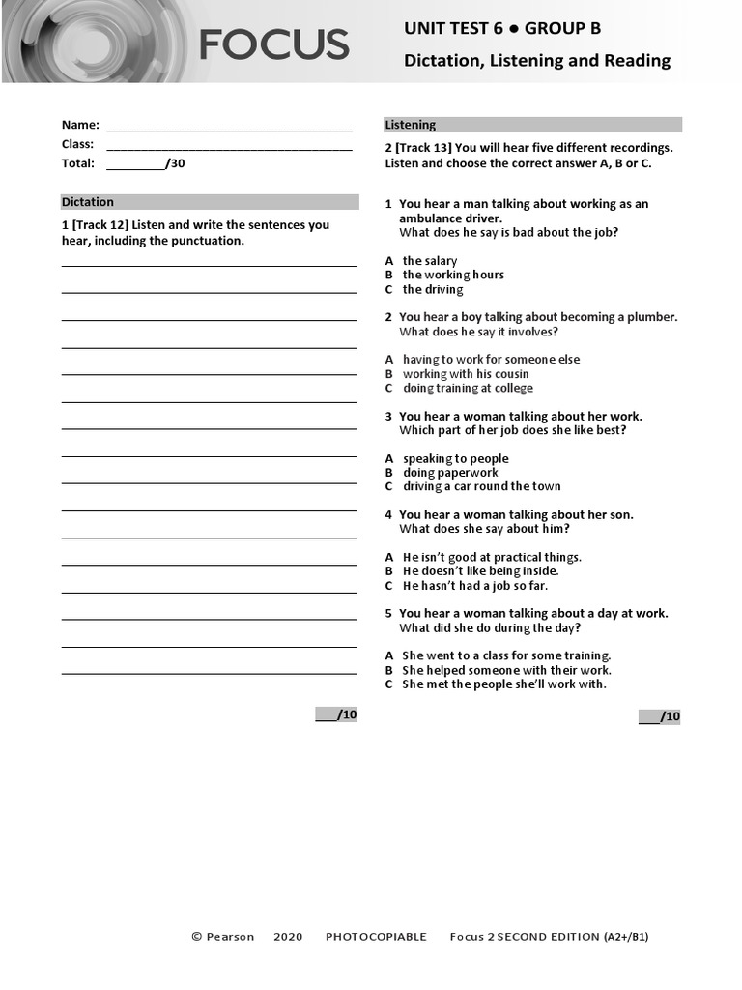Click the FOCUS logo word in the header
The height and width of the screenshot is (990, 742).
274,44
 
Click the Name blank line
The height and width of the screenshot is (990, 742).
229,127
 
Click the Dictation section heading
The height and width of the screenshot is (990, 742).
88,202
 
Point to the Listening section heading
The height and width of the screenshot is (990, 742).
411,125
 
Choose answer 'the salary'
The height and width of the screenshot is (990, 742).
430,261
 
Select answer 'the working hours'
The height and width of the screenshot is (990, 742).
453,275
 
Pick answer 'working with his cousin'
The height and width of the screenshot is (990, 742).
466,374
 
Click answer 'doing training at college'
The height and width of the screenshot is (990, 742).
468,388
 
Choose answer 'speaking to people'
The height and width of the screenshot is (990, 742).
455,459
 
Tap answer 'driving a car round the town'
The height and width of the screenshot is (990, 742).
481,486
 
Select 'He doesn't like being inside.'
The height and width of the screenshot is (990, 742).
480,571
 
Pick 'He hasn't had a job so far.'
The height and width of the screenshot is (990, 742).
474,586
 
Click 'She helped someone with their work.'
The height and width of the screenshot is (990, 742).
506,670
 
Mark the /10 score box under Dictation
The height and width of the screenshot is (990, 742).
336,714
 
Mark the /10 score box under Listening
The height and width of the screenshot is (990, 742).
659,716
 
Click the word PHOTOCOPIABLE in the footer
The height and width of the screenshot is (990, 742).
376,937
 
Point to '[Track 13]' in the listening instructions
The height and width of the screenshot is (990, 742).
422,148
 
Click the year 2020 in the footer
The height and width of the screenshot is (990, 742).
288,937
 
